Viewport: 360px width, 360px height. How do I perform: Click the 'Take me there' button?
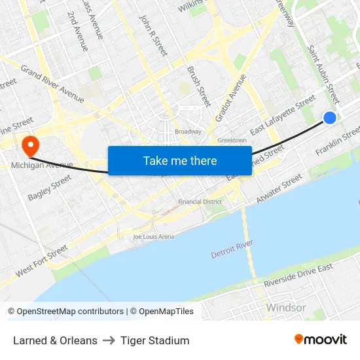179,160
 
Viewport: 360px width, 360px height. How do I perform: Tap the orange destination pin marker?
30,144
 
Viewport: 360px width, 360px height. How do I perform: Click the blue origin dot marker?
330,118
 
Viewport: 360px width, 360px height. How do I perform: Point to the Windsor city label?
285,308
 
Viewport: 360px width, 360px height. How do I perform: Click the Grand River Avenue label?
52,83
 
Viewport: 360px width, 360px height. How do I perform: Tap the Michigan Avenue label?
41,166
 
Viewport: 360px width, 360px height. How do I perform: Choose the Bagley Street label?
50,188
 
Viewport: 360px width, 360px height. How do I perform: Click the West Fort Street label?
42,261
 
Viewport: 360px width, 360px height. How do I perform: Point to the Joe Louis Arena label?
153,236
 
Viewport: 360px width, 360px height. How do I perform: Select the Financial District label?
200,202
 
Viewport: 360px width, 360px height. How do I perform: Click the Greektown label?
232,140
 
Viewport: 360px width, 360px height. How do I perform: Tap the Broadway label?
188,132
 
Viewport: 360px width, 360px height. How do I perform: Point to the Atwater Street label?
279,189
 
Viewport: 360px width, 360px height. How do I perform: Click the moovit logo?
321,340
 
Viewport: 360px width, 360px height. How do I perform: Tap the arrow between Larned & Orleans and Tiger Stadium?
109,340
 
